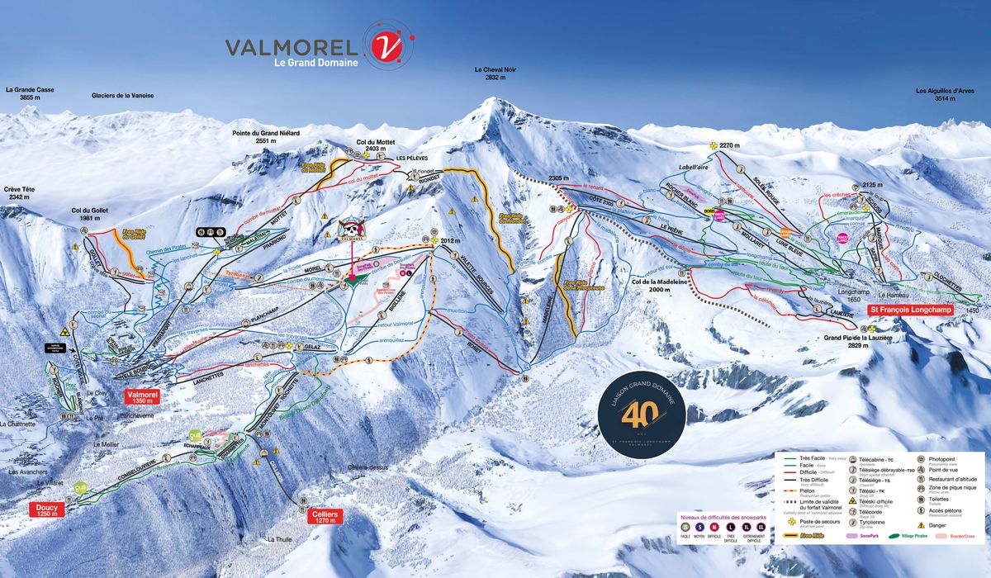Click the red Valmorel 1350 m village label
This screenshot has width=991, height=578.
pyautogui.click(x=142, y=396)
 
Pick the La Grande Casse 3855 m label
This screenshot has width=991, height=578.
pyautogui.click(x=23, y=92)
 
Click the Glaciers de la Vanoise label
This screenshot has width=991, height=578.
pyautogui.click(x=122, y=96)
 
